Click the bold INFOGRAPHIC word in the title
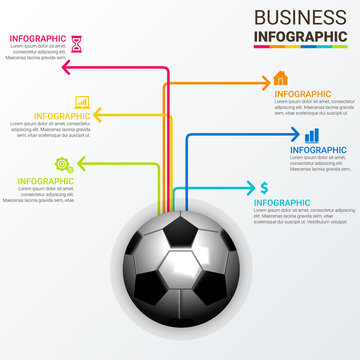pos(301,37)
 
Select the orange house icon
pos(281,78)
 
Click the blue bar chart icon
pos(312,134)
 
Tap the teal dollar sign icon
pos(264,187)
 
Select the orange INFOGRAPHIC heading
pos(303,94)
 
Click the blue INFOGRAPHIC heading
pos(319,150)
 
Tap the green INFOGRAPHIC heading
pos(44,181)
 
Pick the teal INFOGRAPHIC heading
pos(282,203)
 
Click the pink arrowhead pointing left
pos(65,68)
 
